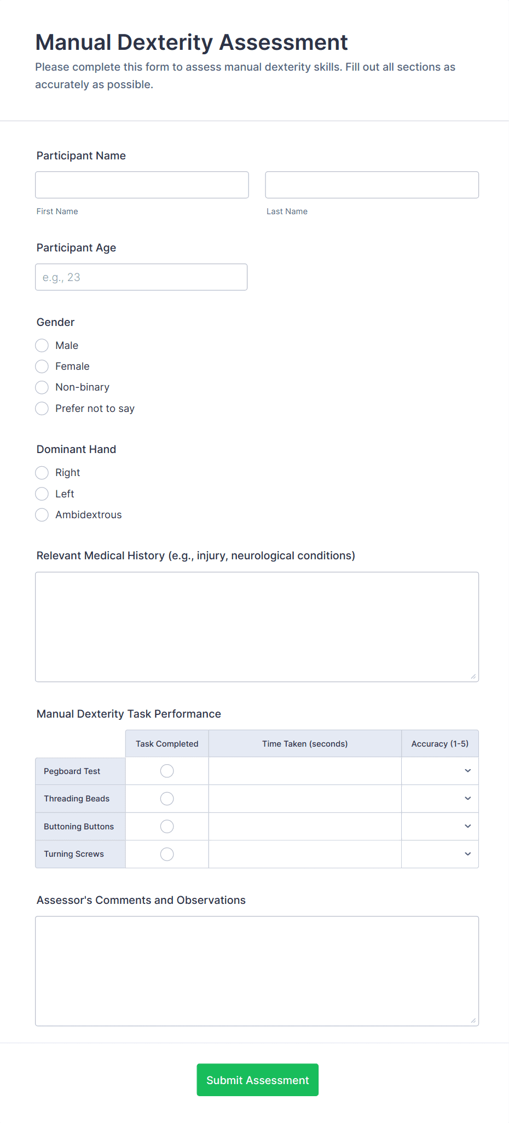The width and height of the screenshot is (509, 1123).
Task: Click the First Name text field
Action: point(142,185)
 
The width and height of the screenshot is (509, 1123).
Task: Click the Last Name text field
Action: point(372,185)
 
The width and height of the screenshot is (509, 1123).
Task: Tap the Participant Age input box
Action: point(141,277)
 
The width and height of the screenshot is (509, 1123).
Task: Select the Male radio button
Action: point(42,346)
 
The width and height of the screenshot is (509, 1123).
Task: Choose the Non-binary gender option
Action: point(42,387)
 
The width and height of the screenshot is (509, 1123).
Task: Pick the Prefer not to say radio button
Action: point(42,409)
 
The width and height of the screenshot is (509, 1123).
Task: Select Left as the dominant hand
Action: point(42,494)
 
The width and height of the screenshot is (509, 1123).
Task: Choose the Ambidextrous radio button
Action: point(42,515)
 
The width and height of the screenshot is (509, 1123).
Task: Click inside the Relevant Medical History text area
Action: point(257,627)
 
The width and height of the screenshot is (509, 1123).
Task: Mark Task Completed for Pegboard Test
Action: point(167,771)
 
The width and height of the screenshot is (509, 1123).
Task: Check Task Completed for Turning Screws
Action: point(167,854)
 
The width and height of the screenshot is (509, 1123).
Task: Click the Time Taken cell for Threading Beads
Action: point(305,799)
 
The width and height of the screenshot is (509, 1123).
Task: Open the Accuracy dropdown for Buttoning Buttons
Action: point(440,826)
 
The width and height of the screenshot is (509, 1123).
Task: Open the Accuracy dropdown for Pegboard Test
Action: point(440,771)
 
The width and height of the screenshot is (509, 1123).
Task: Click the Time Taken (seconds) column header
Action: point(305,744)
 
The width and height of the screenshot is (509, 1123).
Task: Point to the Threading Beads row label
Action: point(77,799)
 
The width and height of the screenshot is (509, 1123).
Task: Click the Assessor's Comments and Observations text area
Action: point(257,971)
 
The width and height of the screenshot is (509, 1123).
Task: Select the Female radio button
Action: point(42,366)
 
